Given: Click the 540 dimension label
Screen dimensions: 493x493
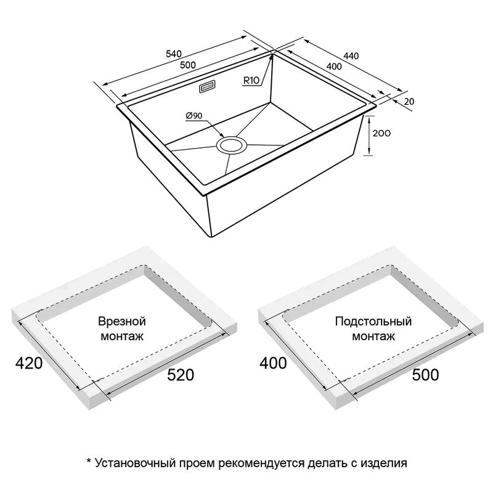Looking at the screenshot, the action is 174,54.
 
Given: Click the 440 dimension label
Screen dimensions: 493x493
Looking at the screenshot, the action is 351,56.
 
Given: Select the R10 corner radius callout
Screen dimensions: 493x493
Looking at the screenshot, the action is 251,81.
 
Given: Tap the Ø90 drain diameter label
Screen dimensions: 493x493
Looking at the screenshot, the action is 194,116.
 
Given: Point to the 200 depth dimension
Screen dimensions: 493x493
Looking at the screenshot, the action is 381,133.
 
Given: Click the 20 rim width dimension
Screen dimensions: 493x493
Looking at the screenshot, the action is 409,102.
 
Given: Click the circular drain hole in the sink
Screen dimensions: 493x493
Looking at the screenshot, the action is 232,145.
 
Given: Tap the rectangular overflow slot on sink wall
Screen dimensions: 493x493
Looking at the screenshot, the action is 207,87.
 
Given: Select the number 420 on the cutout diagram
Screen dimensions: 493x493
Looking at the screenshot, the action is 29,363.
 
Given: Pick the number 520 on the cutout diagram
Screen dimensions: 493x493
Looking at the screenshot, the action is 181,375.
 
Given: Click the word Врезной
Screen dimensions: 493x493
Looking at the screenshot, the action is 122,321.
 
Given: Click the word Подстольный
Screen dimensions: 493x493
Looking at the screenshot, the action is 373,321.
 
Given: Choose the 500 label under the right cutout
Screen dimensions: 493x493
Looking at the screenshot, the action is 425,375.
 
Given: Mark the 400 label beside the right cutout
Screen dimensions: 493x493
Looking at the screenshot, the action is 273,363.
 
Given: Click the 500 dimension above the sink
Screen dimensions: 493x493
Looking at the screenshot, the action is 188,65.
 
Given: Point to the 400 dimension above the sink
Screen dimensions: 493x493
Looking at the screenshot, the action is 334,67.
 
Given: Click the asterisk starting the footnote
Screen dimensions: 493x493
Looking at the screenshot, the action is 89,461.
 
